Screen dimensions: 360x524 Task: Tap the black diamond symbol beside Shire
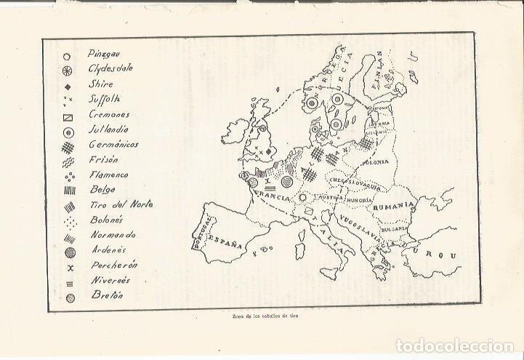66,85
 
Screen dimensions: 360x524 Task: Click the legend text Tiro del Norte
121,204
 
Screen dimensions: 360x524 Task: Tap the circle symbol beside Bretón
66,297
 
